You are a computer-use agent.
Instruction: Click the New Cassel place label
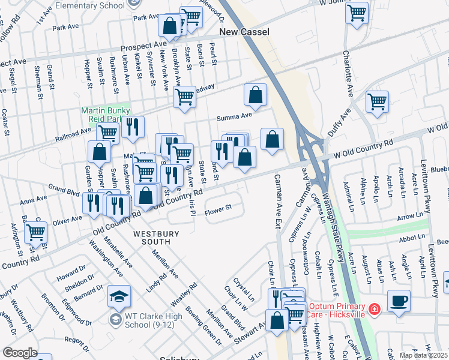[244, 31]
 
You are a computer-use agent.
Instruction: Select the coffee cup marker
[399, 300]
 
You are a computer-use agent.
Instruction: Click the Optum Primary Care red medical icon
[375, 310]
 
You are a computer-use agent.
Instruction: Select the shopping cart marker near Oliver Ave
[36, 232]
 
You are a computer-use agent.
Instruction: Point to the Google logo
[20, 353]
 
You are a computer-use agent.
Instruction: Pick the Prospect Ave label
[143, 46]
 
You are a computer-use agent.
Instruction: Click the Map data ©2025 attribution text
[423, 355]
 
